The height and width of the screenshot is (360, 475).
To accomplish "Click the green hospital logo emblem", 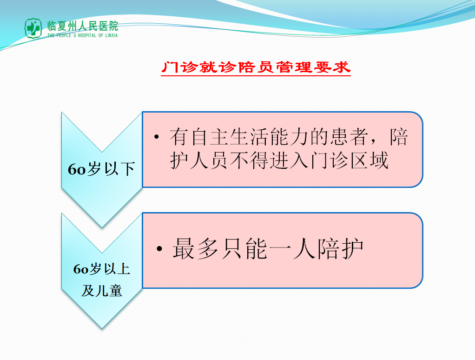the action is point(33,28).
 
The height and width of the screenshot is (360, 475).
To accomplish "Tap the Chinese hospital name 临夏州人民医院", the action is point(82,26).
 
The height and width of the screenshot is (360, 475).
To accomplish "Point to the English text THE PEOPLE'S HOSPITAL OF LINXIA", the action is point(82,35).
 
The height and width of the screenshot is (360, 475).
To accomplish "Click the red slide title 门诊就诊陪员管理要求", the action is point(256,67).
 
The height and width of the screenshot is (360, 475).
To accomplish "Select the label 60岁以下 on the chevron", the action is point(101,169).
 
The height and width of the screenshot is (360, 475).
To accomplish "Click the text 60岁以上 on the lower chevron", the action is point(102,269).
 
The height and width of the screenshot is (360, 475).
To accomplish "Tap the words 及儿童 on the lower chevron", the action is point(102,291).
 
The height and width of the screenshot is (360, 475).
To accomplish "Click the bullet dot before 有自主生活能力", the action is point(157,137).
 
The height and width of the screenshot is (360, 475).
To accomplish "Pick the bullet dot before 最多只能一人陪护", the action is point(159,249).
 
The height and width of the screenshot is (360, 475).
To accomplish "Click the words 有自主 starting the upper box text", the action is point(199,137).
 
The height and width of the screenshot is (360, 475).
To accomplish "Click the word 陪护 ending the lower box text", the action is point(341,249).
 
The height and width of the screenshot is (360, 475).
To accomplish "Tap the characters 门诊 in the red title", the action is point(180,67).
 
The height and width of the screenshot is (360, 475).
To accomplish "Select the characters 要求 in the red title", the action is point(332,67).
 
